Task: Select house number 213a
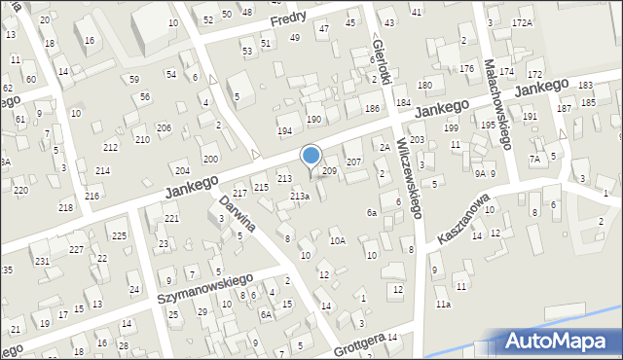[x=300, y=197]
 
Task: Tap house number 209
[x=329, y=171]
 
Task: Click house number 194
[x=284, y=130]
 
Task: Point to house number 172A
[x=522, y=21]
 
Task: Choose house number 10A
[x=337, y=240]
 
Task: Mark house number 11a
[x=443, y=305]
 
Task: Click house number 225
[x=118, y=236]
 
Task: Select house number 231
[x=41, y=261]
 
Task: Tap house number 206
[x=164, y=128]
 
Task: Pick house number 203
[x=417, y=140]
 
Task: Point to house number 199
[x=450, y=127]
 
